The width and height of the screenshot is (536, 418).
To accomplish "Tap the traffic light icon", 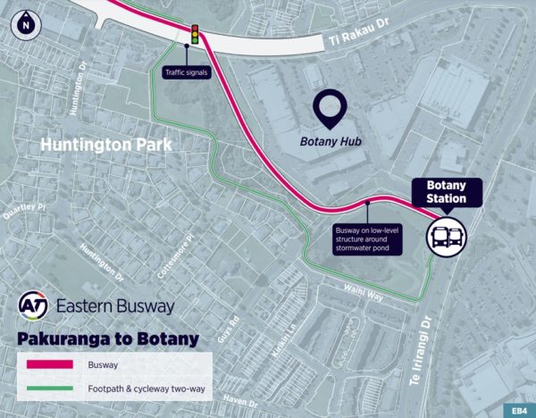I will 192,37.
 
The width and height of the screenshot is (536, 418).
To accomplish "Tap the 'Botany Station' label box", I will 447,191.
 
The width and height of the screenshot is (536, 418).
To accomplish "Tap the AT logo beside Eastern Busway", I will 34,306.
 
